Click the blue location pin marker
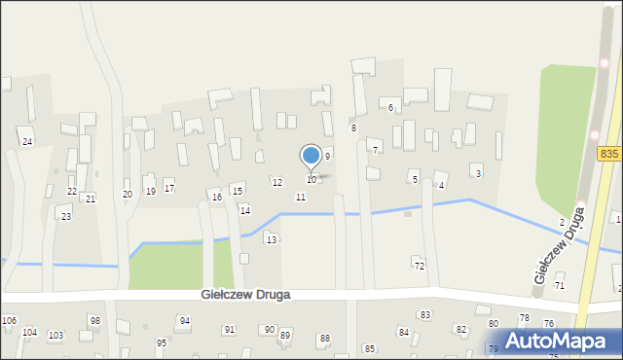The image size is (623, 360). pos(311,157)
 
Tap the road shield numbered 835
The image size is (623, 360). pos(609,156)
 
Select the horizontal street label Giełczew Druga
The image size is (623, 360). pos(246,294)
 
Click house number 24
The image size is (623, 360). pos(27,142)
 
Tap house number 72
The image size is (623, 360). pos(420,266)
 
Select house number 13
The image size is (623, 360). pos(272,239)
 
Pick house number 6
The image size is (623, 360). pos(390,107)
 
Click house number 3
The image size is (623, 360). pos(478,173)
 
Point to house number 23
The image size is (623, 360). pos(66,216)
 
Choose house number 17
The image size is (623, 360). pos(169,188)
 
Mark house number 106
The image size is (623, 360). pos(10,320)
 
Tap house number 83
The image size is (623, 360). pos(424,315)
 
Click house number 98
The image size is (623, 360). pos(94,320)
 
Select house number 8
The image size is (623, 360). pos(353,128)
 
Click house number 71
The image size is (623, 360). pos(559,286)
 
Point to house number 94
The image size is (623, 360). pos(185,320)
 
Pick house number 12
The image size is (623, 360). pos(277,183)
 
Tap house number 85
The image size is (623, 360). pos(369,348)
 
